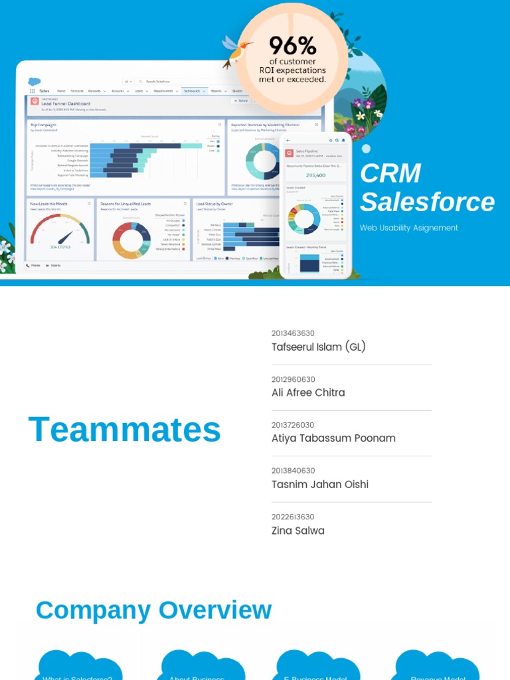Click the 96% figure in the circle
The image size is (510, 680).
292,46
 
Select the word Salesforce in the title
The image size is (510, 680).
427,202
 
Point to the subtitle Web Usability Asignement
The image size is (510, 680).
409,228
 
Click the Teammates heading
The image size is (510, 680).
125,430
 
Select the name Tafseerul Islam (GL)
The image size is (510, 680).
319,347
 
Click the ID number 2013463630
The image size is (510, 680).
293,333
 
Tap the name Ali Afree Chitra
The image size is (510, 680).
308,392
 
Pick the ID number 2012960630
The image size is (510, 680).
293,379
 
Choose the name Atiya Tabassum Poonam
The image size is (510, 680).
333,438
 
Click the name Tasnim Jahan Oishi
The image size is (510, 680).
320,484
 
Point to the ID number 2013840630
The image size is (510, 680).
293,471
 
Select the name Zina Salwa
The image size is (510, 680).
298,531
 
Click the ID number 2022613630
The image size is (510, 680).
293,517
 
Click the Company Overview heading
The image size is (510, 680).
153,610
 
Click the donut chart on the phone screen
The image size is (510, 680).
304,218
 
